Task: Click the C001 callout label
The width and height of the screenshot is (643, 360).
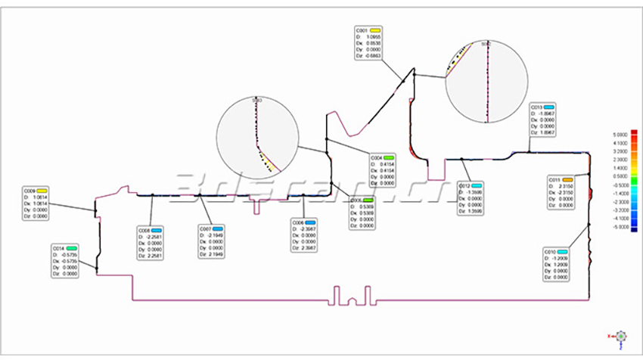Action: click(x=362, y=29)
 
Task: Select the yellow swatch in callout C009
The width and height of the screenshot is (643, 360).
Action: click(x=42, y=191)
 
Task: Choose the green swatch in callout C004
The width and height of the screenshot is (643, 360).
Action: click(x=388, y=157)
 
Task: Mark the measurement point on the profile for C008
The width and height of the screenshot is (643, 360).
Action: click(x=152, y=195)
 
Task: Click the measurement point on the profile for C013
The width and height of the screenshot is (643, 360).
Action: click(x=527, y=150)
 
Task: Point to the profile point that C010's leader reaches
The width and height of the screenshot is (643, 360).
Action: click(x=590, y=225)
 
